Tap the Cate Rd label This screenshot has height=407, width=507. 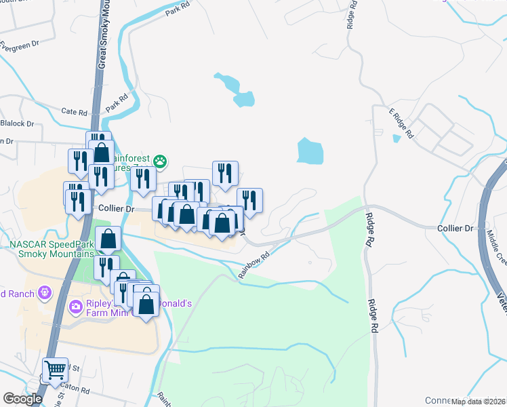(75, 112)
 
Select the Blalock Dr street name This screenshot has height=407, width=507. (17, 123)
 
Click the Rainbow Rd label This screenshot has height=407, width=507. (254, 265)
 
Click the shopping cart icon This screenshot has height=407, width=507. (55, 370)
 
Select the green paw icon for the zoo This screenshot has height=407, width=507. (161, 161)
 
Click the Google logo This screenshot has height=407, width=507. (22, 399)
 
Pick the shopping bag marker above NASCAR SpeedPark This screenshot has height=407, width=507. (108, 239)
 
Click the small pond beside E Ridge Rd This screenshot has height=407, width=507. (396, 139)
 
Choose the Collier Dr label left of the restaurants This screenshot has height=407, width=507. (113, 209)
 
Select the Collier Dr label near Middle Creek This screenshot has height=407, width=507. (455, 229)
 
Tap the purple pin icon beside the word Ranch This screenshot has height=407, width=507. (45, 293)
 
